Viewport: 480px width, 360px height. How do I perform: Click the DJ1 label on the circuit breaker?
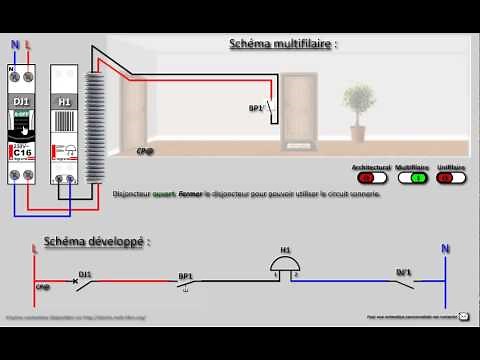pos(22,101)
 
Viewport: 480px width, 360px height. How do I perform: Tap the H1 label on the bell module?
pos(64,101)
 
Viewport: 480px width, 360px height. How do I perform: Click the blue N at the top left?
pos(14,45)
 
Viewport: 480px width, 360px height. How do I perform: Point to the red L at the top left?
pos(27,45)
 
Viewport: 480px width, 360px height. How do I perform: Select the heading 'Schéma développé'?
pos(96,242)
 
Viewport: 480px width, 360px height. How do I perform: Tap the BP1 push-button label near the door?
pos(255,107)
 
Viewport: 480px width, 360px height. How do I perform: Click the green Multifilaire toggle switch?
pos(413,178)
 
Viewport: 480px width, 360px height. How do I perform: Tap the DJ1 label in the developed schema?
pos(85,273)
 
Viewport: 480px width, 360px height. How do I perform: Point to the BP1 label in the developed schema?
pos(185,275)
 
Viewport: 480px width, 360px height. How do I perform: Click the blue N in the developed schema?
pos(446,247)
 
